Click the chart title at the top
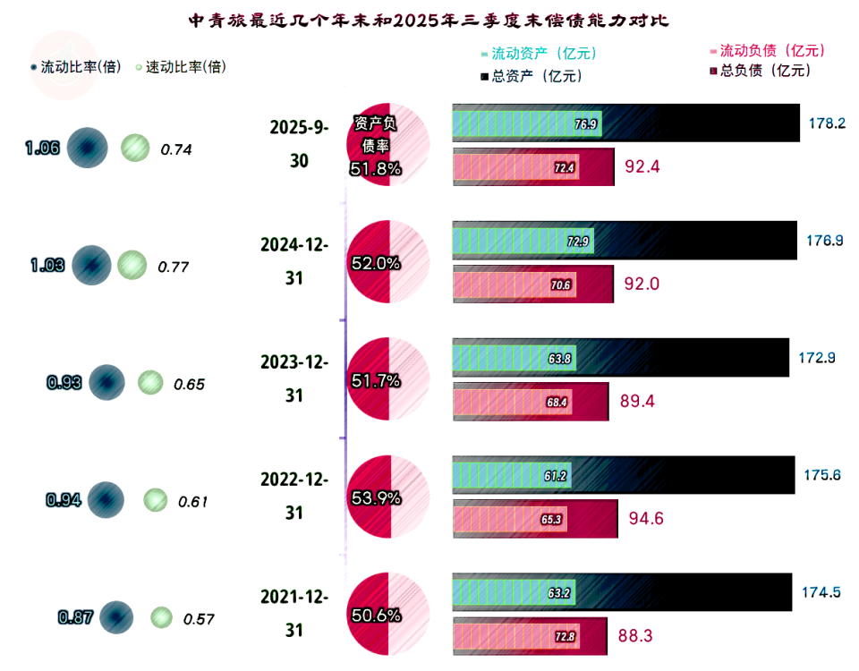click(429, 19)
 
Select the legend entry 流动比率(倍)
click(75, 67)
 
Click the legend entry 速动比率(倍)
click(179, 67)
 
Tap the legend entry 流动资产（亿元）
click(538, 54)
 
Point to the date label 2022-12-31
click(294, 496)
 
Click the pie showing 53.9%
click(388, 497)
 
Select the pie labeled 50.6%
click(388, 615)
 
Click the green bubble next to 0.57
click(161, 616)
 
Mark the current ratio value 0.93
click(64, 383)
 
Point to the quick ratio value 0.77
click(174, 267)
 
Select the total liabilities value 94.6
click(646, 518)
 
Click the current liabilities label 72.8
click(564, 636)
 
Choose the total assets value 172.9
click(817, 358)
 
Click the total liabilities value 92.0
click(642, 285)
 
